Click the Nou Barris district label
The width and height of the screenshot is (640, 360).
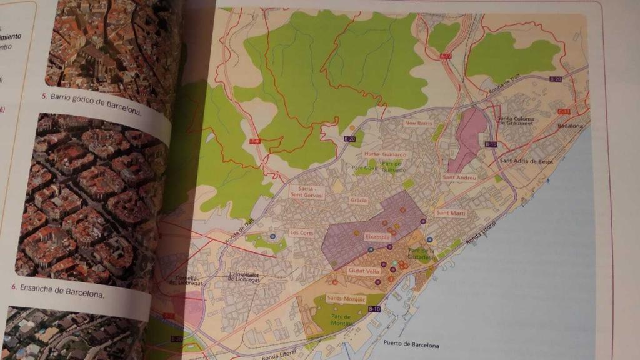coord(419,124)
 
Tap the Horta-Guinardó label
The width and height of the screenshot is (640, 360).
coord(386,154)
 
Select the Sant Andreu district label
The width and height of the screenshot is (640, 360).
coord(459,177)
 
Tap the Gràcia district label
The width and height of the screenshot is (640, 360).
coord(359,201)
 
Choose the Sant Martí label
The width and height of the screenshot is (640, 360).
coord(451,213)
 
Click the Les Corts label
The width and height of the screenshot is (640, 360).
coord(302,233)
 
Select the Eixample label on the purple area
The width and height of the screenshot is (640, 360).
coord(377,238)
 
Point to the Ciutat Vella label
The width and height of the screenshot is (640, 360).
coord(364,271)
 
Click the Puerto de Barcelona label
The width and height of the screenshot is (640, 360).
coord(412,344)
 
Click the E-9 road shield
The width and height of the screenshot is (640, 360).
coord(254,142)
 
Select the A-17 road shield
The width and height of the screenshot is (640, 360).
coord(446,56)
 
